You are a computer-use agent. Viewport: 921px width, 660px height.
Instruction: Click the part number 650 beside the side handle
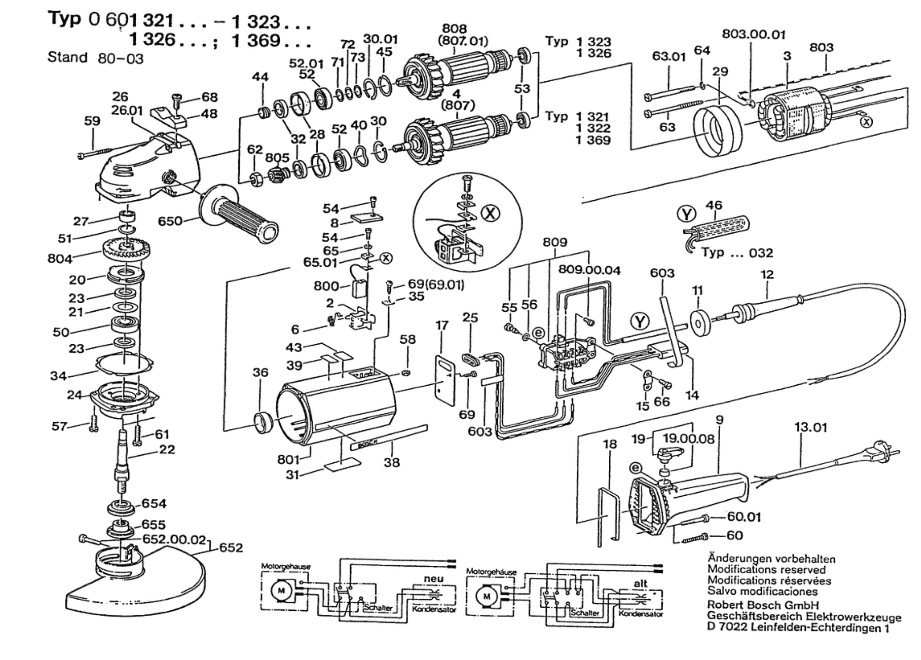click(x=170, y=221)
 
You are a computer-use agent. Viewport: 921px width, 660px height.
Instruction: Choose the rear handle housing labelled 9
click(x=686, y=501)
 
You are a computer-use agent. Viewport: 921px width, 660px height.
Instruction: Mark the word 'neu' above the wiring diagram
click(x=434, y=579)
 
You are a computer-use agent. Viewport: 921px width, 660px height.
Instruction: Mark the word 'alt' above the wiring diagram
click(x=640, y=583)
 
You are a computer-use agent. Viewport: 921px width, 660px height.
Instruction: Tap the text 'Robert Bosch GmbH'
click(x=763, y=605)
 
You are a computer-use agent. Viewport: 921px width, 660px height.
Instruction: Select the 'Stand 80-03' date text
click(x=95, y=58)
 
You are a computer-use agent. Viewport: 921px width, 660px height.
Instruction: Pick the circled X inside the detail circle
click(x=490, y=212)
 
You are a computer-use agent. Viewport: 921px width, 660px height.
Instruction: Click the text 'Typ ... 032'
click(x=737, y=253)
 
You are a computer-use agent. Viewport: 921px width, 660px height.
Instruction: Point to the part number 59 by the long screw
click(x=92, y=121)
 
